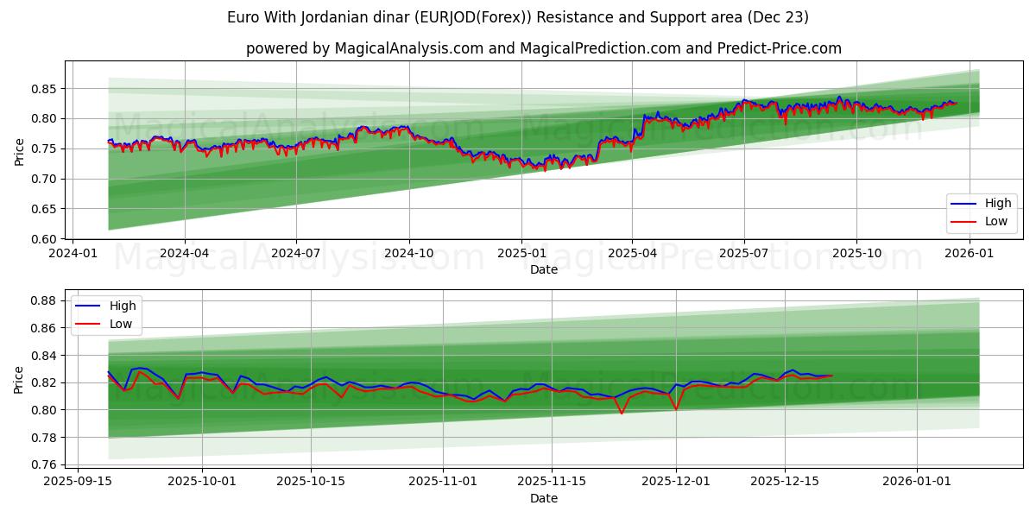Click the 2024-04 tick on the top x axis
point(185,254)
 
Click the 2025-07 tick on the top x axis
point(744,254)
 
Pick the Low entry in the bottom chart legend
point(121,324)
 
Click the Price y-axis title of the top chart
point(20,150)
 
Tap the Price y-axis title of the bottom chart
point(20,379)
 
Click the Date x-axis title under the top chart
point(544,269)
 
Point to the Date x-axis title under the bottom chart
point(544,498)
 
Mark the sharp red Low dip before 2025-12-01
point(622,414)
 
